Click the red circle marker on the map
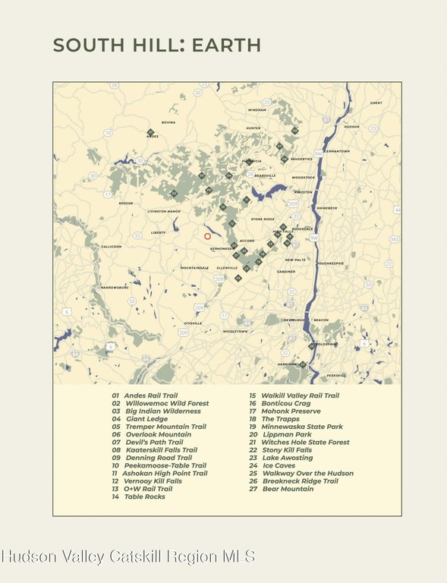point(207,236)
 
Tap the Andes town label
point(153,137)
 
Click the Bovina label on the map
point(168,122)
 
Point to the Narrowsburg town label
point(115,288)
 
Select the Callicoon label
point(112,247)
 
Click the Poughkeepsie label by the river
point(330,263)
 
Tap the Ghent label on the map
point(376,102)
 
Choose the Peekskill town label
point(336,376)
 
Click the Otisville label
point(194,323)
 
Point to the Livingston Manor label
point(164,211)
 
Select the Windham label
point(257,110)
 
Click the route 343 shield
point(394,239)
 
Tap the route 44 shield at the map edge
point(397,210)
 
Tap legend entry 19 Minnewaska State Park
point(296,427)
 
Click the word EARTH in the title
point(226,45)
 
